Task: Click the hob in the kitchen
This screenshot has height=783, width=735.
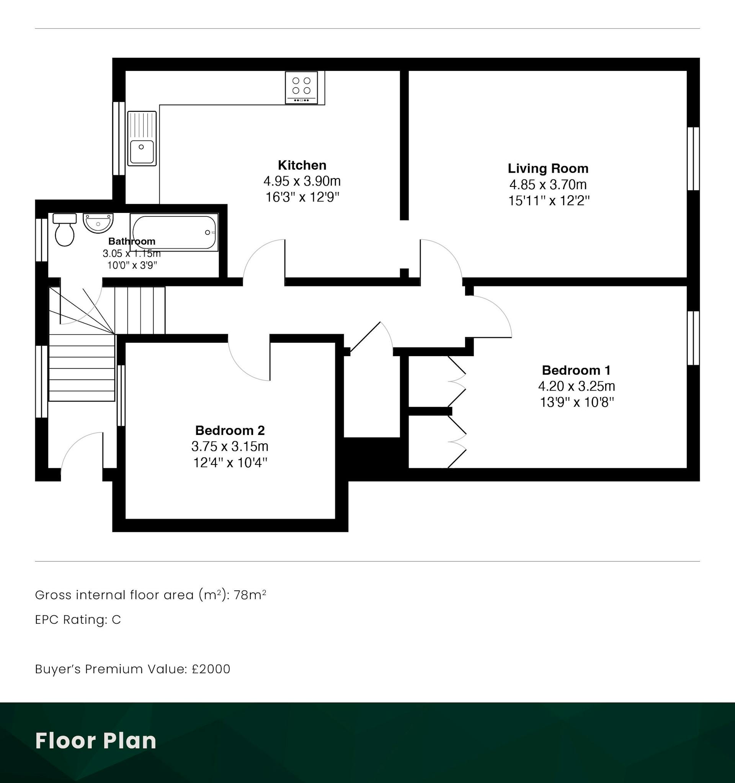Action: [x=301, y=87]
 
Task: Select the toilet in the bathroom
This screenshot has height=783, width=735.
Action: [x=65, y=230]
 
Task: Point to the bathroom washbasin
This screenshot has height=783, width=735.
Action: [x=98, y=223]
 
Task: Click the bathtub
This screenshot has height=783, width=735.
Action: [x=174, y=232]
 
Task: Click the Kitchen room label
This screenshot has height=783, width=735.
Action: [x=302, y=165]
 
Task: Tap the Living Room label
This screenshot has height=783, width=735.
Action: [x=548, y=168]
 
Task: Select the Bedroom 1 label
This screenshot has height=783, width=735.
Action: [x=576, y=370]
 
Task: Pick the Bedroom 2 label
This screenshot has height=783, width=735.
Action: [x=230, y=430]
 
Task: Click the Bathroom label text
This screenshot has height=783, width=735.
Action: [x=132, y=241]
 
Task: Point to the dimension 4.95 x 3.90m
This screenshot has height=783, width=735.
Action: [x=302, y=181]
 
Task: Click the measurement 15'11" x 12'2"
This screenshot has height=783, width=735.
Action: [x=549, y=201]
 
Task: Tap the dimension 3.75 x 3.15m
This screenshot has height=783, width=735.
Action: [x=230, y=446]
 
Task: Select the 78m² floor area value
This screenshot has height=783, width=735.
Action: [x=250, y=594]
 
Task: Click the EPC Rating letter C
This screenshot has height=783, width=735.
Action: [x=116, y=620]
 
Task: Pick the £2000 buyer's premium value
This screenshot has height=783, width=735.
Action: [x=211, y=669]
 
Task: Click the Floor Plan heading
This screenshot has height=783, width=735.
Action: [x=96, y=740]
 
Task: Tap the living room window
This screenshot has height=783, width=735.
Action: [x=693, y=159]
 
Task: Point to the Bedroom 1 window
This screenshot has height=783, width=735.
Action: [x=693, y=338]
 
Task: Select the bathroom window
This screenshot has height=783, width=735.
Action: [x=41, y=240]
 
